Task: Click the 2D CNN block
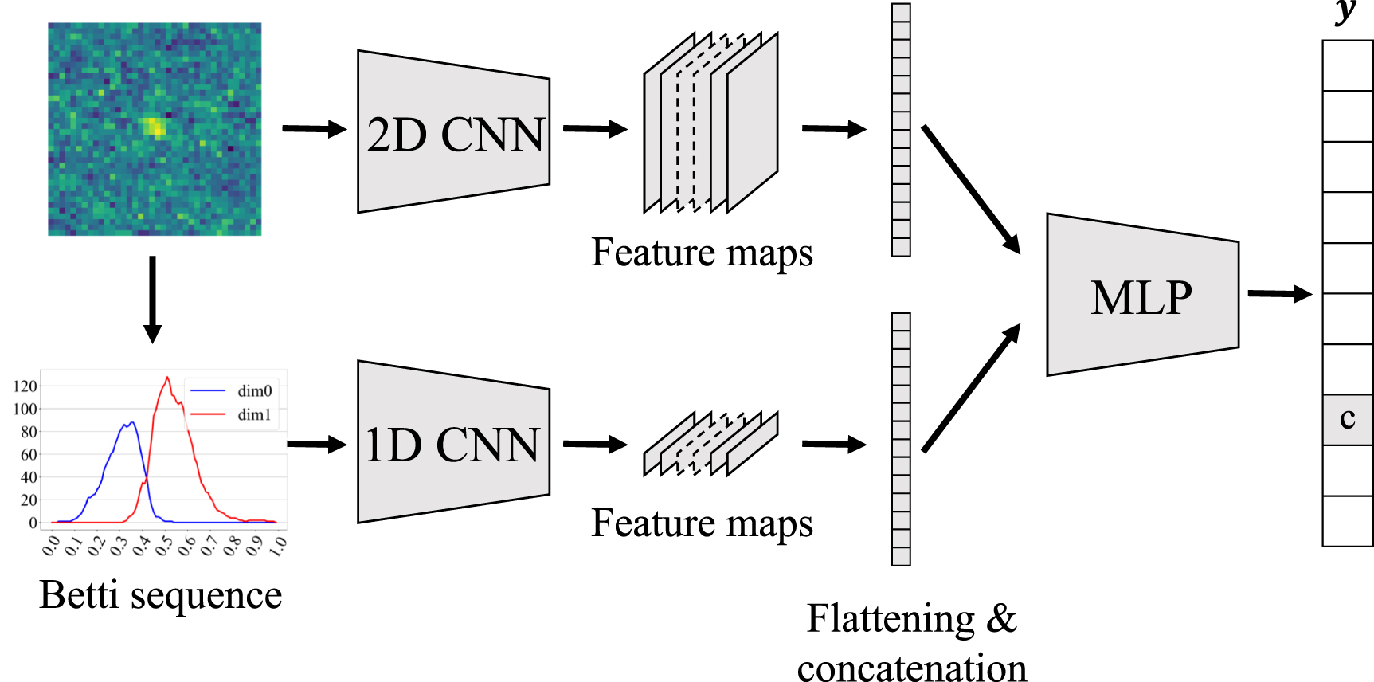(454, 132)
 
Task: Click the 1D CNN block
(454, 443)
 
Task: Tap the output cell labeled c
(1347, 419)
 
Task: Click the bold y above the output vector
(1345, 11)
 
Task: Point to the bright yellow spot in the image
(155, 127)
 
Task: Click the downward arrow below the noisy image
(152, 299)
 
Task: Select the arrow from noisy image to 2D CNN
(314, 128)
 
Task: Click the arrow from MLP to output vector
(1279, 294)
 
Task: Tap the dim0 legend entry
(254, 390)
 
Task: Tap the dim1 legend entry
(254, 414)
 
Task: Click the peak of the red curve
(167, 378)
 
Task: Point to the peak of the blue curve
(131, 423)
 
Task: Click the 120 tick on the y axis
(25, 386)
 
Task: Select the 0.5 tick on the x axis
(163, 546)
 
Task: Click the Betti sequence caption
(161, 595)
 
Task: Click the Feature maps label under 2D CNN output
(702, 253)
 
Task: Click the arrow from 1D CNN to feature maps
(595, 444)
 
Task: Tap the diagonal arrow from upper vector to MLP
(971, 189)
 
